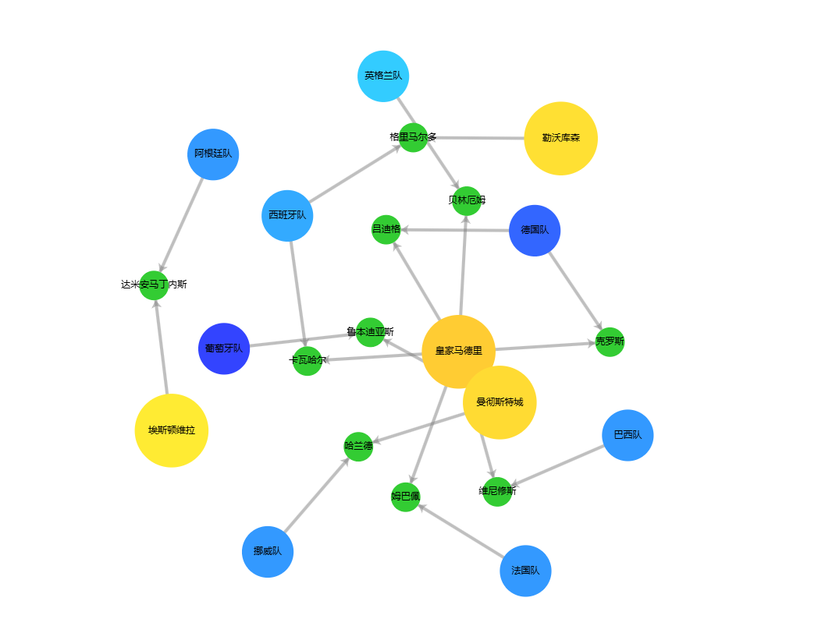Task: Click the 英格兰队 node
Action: tap(383, 76)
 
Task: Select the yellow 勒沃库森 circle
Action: tap(560, 138)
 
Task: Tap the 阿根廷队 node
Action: tap(213, 154)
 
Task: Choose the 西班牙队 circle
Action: tap(287, 215)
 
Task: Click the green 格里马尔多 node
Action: tap(413, 137)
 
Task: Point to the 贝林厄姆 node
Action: tap(467, 200)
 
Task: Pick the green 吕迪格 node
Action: tap(386, 229)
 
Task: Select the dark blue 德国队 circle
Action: tap(535, 231)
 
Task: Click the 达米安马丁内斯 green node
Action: tap(154, 285)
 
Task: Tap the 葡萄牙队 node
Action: tap(224, 348)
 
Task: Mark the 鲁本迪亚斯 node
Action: tap(370, 332)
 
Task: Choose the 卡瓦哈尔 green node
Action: tap(308, 360)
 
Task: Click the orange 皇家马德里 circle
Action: tap(458, 351)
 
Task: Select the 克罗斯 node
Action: tap(610, 341)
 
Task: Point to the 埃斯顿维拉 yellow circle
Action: tap(172, 430)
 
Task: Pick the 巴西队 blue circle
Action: tap(628, 435)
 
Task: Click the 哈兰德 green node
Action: tap(358, 446)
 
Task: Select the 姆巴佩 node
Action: tap(405, 497)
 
